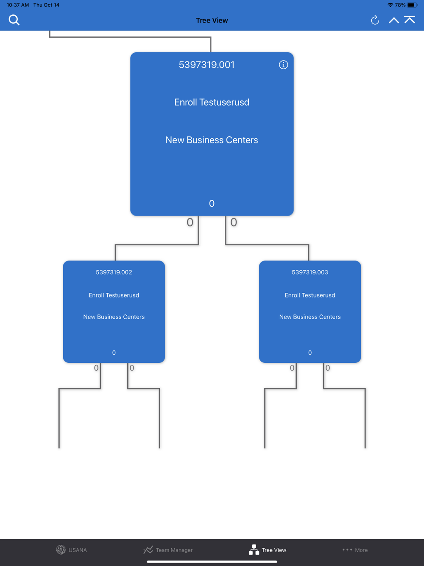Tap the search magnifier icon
tap(14, 20)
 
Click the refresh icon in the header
tap(375, 20)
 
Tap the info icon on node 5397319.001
tap(283, 64)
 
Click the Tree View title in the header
tap(212, 20)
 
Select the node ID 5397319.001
tap(206, 64)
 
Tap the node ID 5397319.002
tap(114, 272)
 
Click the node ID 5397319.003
tap(310, 272)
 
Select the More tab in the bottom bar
tap(355, 550)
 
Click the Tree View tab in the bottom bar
tap(268, 550)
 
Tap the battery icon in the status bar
tap(412, 5)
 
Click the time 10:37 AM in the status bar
tap(18, 5)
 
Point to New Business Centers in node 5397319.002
tap(114, 317)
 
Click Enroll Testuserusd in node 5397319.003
tap(310, 295)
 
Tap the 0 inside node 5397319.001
tap(212, 204)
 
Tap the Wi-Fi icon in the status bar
tap(390, 5)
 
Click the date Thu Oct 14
tap(46, 5)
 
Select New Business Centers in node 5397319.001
tap(212, 140)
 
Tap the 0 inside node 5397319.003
tap(310, 353)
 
